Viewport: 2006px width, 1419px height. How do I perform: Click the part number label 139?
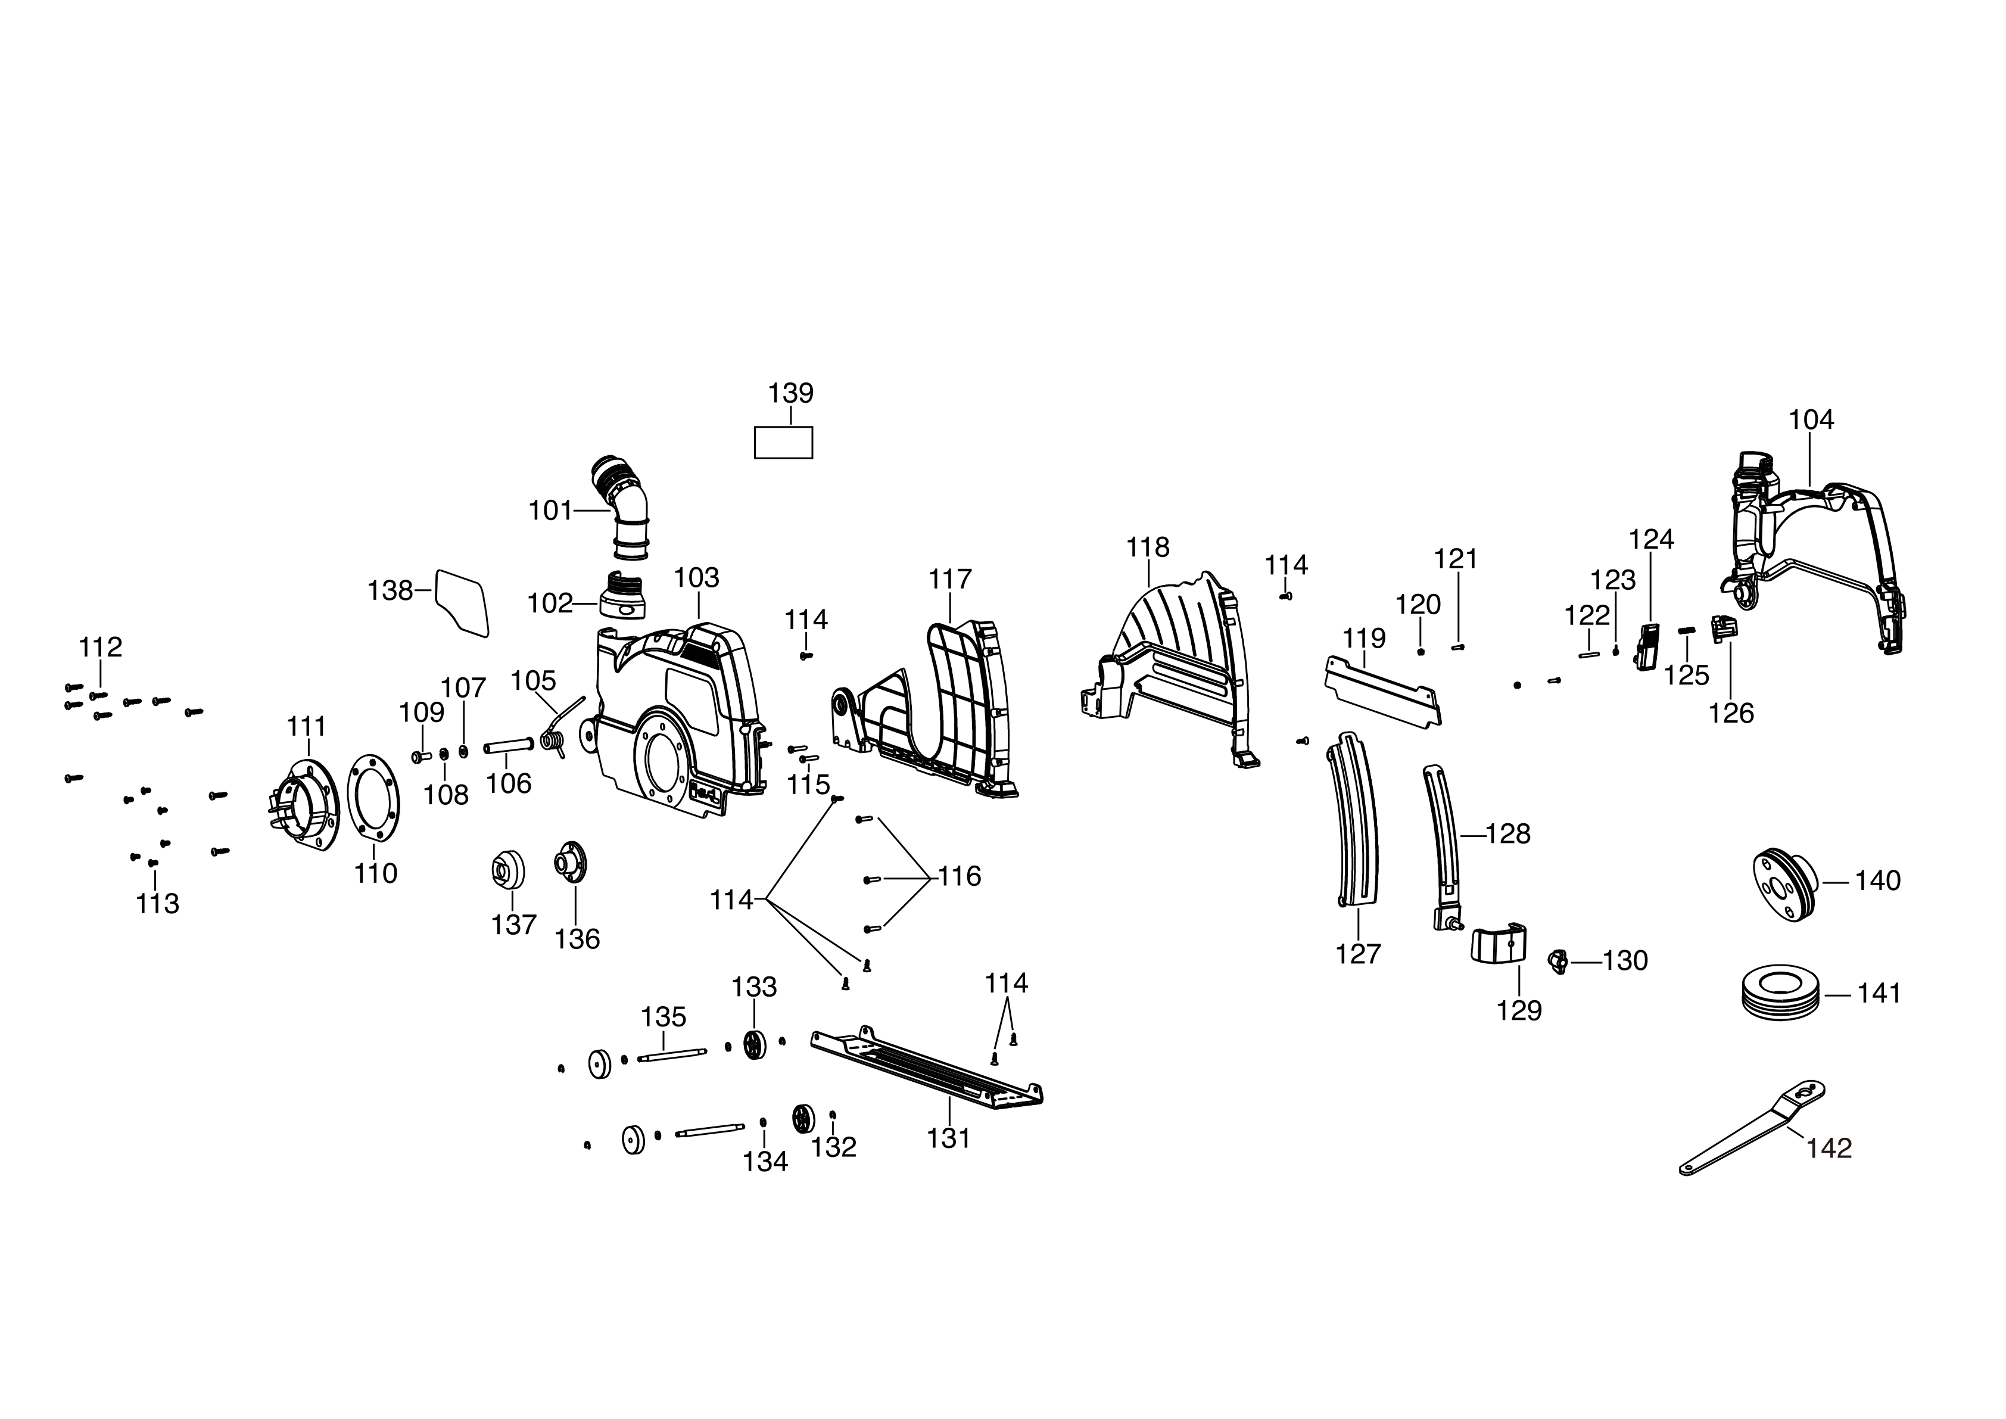pyautogui.click(x=791, y=393)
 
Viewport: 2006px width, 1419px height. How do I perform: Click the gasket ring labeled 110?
pyautogui.click(x=374, y=797)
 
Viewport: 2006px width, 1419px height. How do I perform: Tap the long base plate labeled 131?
pyautogui.click(x=926, y=1071)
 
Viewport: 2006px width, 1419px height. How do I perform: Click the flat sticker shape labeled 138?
pyautogui.click(x=462, y=600)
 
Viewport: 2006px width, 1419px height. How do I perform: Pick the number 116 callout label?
pyautogui.click(x=960, y=876)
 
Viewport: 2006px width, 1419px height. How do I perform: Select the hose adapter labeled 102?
pyautogui.click(x=622, y=595)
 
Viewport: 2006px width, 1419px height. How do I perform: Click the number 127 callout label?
pyautogui.click(x=1358, y=954)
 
